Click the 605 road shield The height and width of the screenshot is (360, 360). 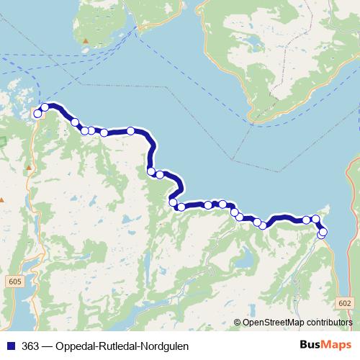tap(17, 282)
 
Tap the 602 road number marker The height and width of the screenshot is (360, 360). tap(346, 303)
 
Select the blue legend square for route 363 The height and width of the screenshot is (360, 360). tap(9, 346)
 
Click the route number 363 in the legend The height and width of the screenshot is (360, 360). tap(30, 346)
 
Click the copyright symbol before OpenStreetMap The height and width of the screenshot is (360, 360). tap(238, 322)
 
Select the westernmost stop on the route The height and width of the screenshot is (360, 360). tap(37, 114)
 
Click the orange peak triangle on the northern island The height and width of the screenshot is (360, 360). tap(86, 41)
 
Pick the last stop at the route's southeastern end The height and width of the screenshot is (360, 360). tap(321, 235)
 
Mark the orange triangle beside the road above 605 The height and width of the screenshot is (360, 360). tap(29, 168)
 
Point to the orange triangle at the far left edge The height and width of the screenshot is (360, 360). tap(1, 199)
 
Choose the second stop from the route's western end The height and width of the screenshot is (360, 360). tap(45, 107)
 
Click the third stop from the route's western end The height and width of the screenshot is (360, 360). tap(75, 122)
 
